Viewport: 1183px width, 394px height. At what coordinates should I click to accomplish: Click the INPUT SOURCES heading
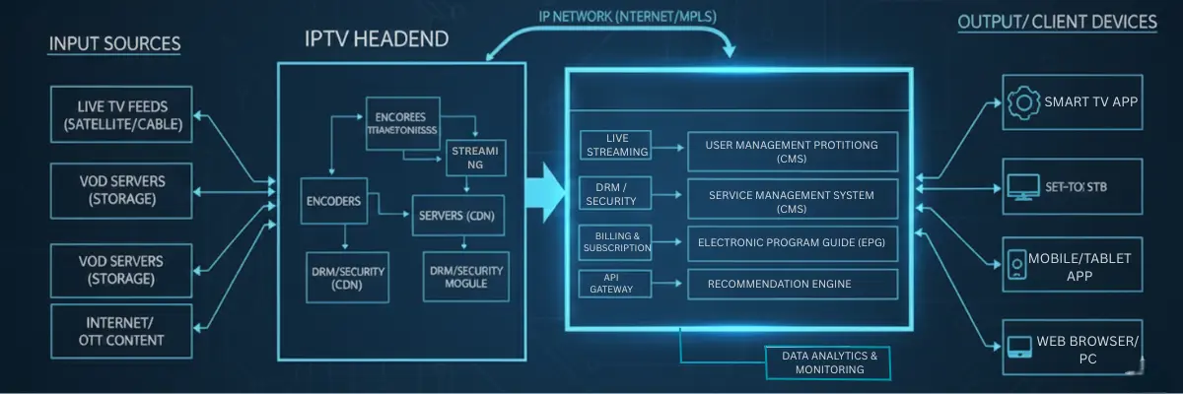click(115, 44)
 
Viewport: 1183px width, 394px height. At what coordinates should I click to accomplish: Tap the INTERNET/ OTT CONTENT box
click(122, 332)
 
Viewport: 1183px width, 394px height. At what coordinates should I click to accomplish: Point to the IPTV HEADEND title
click(377, 39)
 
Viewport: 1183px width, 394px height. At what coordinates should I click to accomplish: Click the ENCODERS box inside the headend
click(333, 201)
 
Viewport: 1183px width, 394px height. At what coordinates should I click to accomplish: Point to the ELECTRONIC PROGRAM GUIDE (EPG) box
click(793, 242)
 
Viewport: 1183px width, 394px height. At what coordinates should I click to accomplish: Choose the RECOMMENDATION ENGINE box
click(793, 285)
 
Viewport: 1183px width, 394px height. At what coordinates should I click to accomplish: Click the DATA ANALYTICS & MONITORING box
click(829, 361)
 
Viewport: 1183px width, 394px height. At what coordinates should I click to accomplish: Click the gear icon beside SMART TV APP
click(1021, 101)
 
